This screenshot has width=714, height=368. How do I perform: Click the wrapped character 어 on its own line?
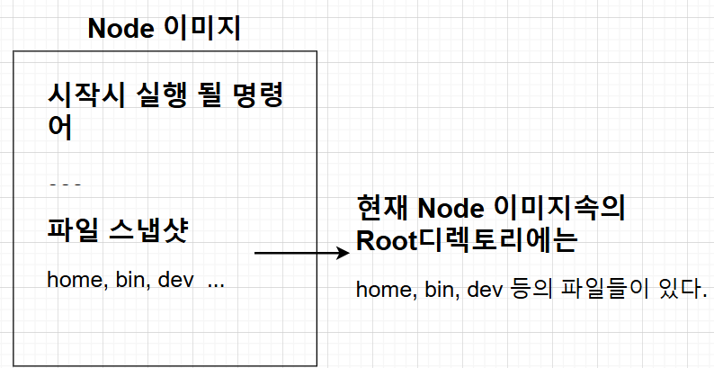point(59,126)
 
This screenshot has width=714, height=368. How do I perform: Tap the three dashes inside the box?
point(65,185)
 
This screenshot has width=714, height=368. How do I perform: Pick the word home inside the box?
point(73,280)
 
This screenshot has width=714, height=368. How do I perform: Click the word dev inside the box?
point(177,280)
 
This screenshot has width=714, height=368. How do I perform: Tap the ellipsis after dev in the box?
point(216,283)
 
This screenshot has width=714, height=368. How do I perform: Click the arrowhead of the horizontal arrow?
point(342,254)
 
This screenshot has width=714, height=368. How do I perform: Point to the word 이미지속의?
point(559,208)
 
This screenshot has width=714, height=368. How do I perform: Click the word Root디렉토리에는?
point(466,241)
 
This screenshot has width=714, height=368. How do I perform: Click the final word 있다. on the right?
point(682,290)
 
